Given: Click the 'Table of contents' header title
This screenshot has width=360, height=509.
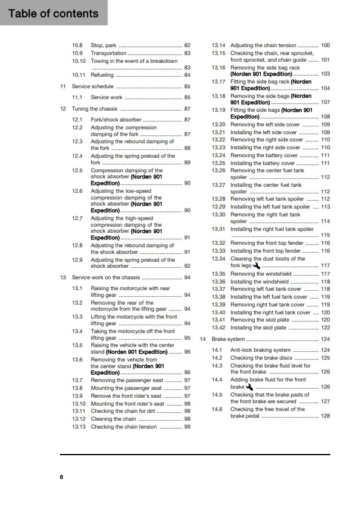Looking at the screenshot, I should click(x=53, y=13).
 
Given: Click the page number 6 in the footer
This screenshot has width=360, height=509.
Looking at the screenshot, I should click(x=61, y=477).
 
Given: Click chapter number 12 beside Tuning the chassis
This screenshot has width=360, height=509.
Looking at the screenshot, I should click(x=63, y=109).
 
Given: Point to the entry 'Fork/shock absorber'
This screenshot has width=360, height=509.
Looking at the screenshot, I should click(x=116, y=120).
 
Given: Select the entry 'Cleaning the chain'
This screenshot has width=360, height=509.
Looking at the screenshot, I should click(x=113, y=419).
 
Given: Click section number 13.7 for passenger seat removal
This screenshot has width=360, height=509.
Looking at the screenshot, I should click(x=77, y=380).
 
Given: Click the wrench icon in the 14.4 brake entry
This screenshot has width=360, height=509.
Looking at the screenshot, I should click(x=250, y=387).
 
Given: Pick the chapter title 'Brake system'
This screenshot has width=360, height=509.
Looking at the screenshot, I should click(x=228, y=339).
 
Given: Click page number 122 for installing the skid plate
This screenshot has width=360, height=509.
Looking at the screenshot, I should click(x=326, y=328).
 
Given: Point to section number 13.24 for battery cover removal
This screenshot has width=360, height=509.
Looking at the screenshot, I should click(x=218, y=155).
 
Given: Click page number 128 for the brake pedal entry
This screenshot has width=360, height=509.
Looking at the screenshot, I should click(x=326, y=416).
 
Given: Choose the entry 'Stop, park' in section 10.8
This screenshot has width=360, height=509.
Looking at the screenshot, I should click(x=103, y=45).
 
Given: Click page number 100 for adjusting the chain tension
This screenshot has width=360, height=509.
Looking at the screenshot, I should click(x=326, y=45).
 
